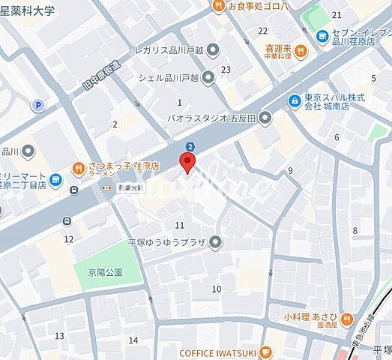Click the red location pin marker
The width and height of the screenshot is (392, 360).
click(x=187, y=162)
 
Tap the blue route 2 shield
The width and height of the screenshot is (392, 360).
click(x=190, y=146)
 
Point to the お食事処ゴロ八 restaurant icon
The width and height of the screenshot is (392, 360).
click(x=218, y=6)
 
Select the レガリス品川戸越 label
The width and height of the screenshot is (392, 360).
click(x=168, y=50)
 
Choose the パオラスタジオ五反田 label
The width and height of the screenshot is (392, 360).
click(x=213, y=118)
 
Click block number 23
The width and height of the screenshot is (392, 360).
click(x=225, y=70)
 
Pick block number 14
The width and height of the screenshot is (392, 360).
click(x=133, y=340)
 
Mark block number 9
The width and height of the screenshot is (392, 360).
click(x=289, y=171)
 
